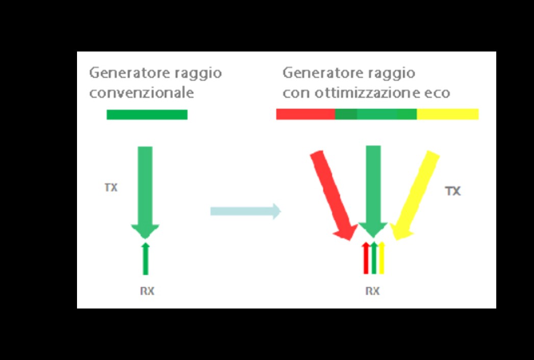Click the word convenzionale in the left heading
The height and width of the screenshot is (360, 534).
click(141, 93)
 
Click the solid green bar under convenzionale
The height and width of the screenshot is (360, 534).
click(147, 115)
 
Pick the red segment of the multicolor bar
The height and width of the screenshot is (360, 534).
click(305, 114)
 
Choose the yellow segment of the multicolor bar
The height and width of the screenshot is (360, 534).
click(447, 114)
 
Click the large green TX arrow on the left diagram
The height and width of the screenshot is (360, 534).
click(145, 189)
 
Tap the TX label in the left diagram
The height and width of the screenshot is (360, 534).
click(111, 188)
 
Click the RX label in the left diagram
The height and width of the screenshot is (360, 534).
click(147, 292)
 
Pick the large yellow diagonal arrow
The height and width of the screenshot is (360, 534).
click(416, 194)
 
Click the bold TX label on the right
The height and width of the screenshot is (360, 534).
click(452, 191)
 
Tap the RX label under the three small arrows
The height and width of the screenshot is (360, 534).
click(372, 291)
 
